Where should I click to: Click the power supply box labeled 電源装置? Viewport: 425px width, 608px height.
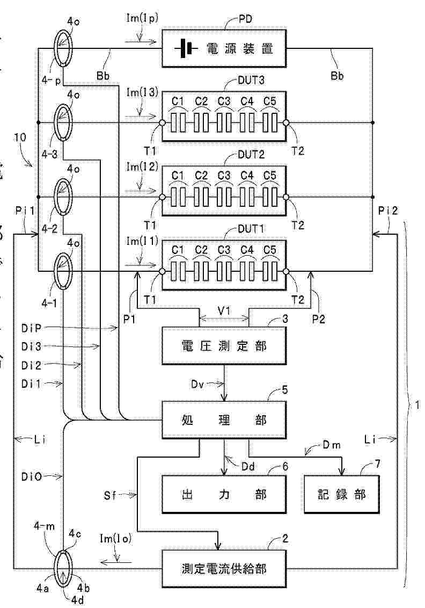[224, 50]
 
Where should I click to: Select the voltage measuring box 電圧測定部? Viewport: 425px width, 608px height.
[224, 346]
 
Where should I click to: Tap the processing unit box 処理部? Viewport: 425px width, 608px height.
[224, 421]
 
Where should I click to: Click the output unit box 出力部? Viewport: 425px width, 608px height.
[224, 494]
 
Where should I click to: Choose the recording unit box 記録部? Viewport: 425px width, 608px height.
[342, 494]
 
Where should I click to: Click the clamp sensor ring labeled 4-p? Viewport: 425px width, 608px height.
[63, 48]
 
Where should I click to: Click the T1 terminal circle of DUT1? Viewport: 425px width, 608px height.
[162, 272]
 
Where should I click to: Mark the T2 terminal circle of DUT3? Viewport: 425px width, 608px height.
[286, 123]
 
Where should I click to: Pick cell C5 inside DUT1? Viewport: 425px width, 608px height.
[270, 272]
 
